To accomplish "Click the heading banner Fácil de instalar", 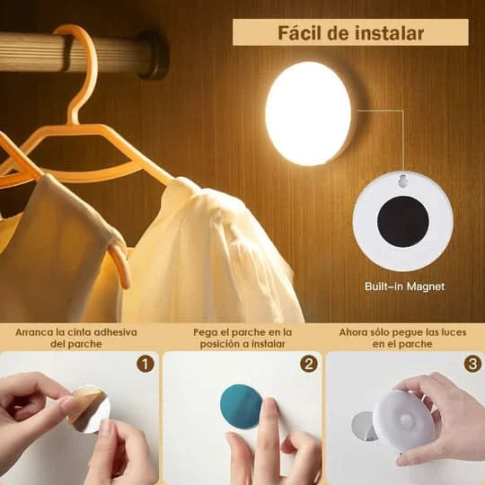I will tap(350, 32).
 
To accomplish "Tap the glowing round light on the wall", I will tap(309, 113).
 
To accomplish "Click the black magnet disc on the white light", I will tap(402, 221).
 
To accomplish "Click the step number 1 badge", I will tap(145, 364).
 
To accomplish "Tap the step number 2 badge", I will tap(309, 364).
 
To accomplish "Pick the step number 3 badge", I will tap(472, 364).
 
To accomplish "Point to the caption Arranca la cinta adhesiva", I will tap(76, 331).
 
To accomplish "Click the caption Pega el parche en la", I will tap(242, 331).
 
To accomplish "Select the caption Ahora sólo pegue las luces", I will tap(403, 331).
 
